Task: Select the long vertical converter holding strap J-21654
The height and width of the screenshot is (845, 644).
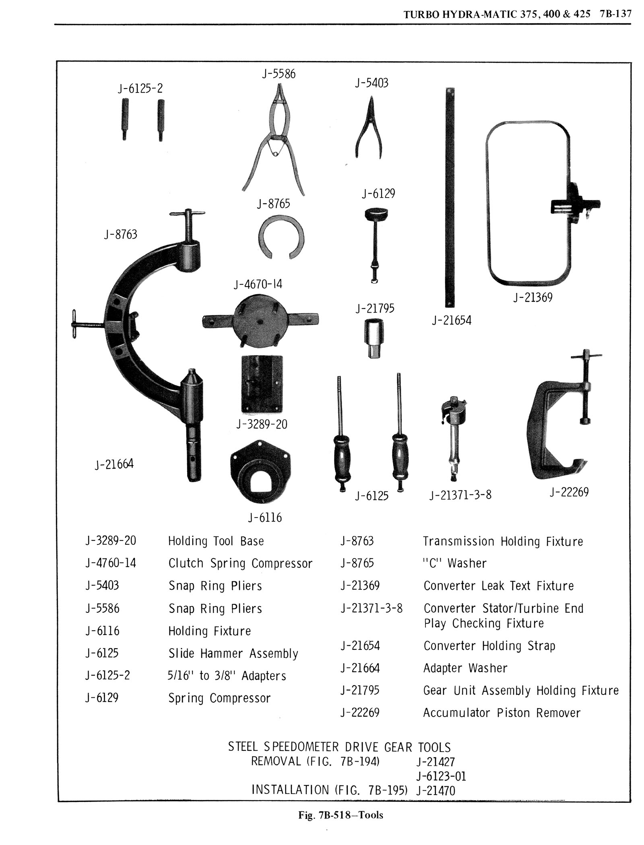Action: [450, 197]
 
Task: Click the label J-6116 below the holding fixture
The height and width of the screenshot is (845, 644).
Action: [264, 517]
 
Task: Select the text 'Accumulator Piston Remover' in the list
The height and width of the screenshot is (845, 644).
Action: [502, 713]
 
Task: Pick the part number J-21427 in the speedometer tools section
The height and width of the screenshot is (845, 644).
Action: [436, 761]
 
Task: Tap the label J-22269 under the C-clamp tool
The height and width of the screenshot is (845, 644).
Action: [569, 492]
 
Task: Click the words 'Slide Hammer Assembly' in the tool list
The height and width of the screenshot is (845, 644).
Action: [233, 653]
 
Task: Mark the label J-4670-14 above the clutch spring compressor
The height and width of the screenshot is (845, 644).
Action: [258, 284]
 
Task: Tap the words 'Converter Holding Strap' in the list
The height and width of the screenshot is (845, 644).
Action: [489, 646]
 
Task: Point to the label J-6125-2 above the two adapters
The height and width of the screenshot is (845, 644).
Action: [140, 88]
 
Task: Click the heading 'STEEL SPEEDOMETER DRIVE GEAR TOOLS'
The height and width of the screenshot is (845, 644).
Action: [339, 747]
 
